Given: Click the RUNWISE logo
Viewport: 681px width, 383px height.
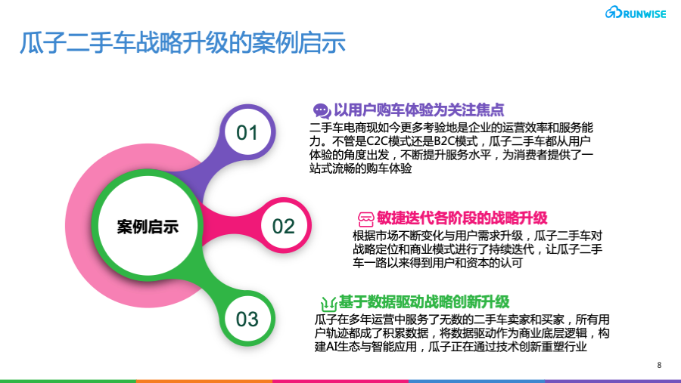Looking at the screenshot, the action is pos(636,13).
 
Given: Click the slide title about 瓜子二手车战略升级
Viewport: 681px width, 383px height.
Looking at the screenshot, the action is pos(183,43).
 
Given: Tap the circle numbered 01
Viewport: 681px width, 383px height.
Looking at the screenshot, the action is pos(247,132).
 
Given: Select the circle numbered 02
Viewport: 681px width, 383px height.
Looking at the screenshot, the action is pos(284,226).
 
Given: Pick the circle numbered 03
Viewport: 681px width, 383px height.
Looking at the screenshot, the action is pos(247,320).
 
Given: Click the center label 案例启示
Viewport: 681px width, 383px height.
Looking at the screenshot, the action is pos(148,227).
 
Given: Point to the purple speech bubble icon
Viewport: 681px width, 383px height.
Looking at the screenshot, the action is pos(322,111).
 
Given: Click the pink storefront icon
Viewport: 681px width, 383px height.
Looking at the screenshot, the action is pos(365,219).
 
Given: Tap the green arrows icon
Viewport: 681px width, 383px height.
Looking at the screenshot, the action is pos(329,303).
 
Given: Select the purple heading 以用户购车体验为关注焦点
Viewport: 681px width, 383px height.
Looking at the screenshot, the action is pos(419,110).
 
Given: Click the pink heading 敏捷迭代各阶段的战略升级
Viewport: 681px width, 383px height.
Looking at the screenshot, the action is pos(462,218).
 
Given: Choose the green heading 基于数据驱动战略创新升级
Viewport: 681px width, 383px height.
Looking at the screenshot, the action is pos(424,301).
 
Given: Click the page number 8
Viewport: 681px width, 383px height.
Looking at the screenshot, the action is pos(659,365).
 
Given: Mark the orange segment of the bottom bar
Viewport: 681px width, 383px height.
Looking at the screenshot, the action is pos(204,381).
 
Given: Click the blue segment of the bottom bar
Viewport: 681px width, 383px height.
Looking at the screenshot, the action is pos(477,381).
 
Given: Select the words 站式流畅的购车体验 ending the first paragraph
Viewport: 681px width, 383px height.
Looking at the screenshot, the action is pos(360,168).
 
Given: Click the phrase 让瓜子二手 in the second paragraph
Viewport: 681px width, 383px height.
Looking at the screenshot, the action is pos(574,249).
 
